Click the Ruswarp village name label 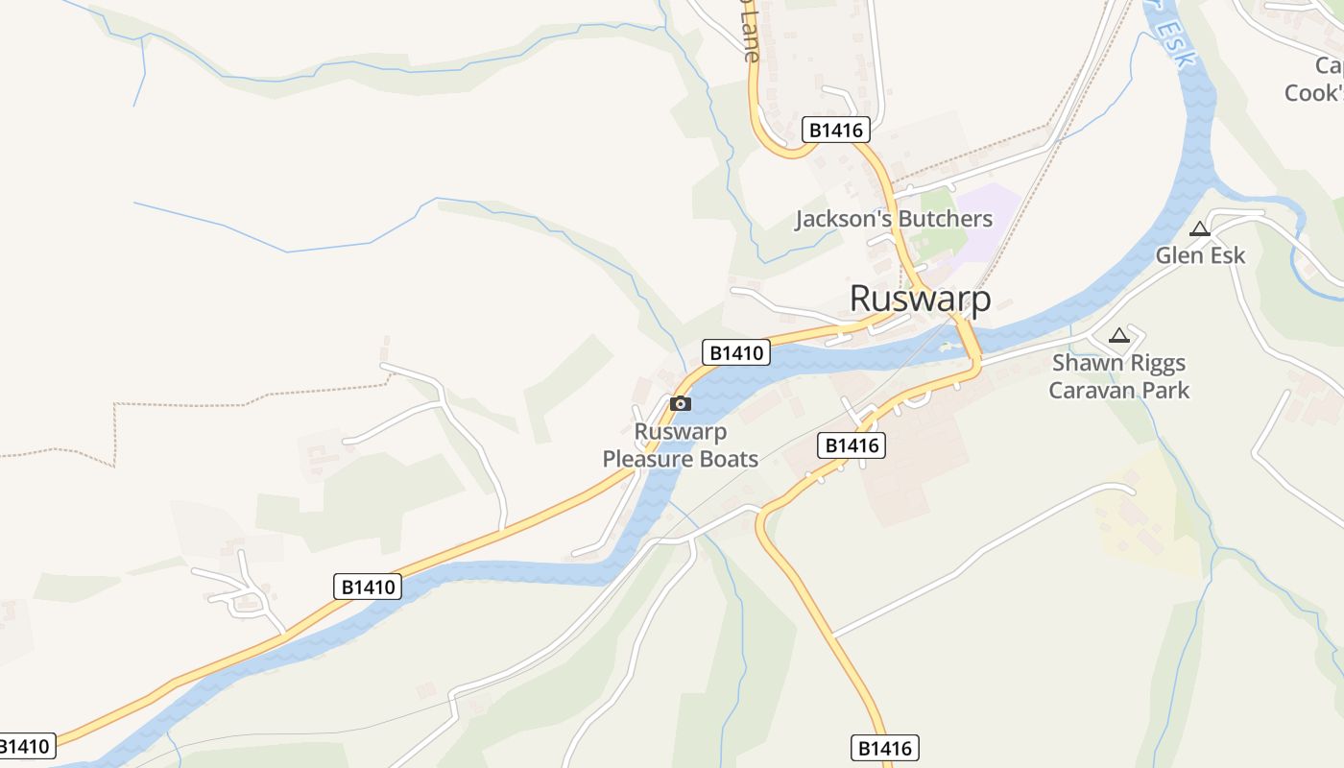[920, 299]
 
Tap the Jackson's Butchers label [893, 219]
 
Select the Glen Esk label [1200, 255]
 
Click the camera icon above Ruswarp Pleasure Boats [680, 403]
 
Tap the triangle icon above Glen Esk [1198, 229]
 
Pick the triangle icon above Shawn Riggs [1118, 336]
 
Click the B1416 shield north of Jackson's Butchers [835, 131]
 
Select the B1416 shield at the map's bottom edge [885, 748]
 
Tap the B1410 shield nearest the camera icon [737, 353]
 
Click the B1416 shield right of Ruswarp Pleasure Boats [851, 445]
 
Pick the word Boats [729, 459]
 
